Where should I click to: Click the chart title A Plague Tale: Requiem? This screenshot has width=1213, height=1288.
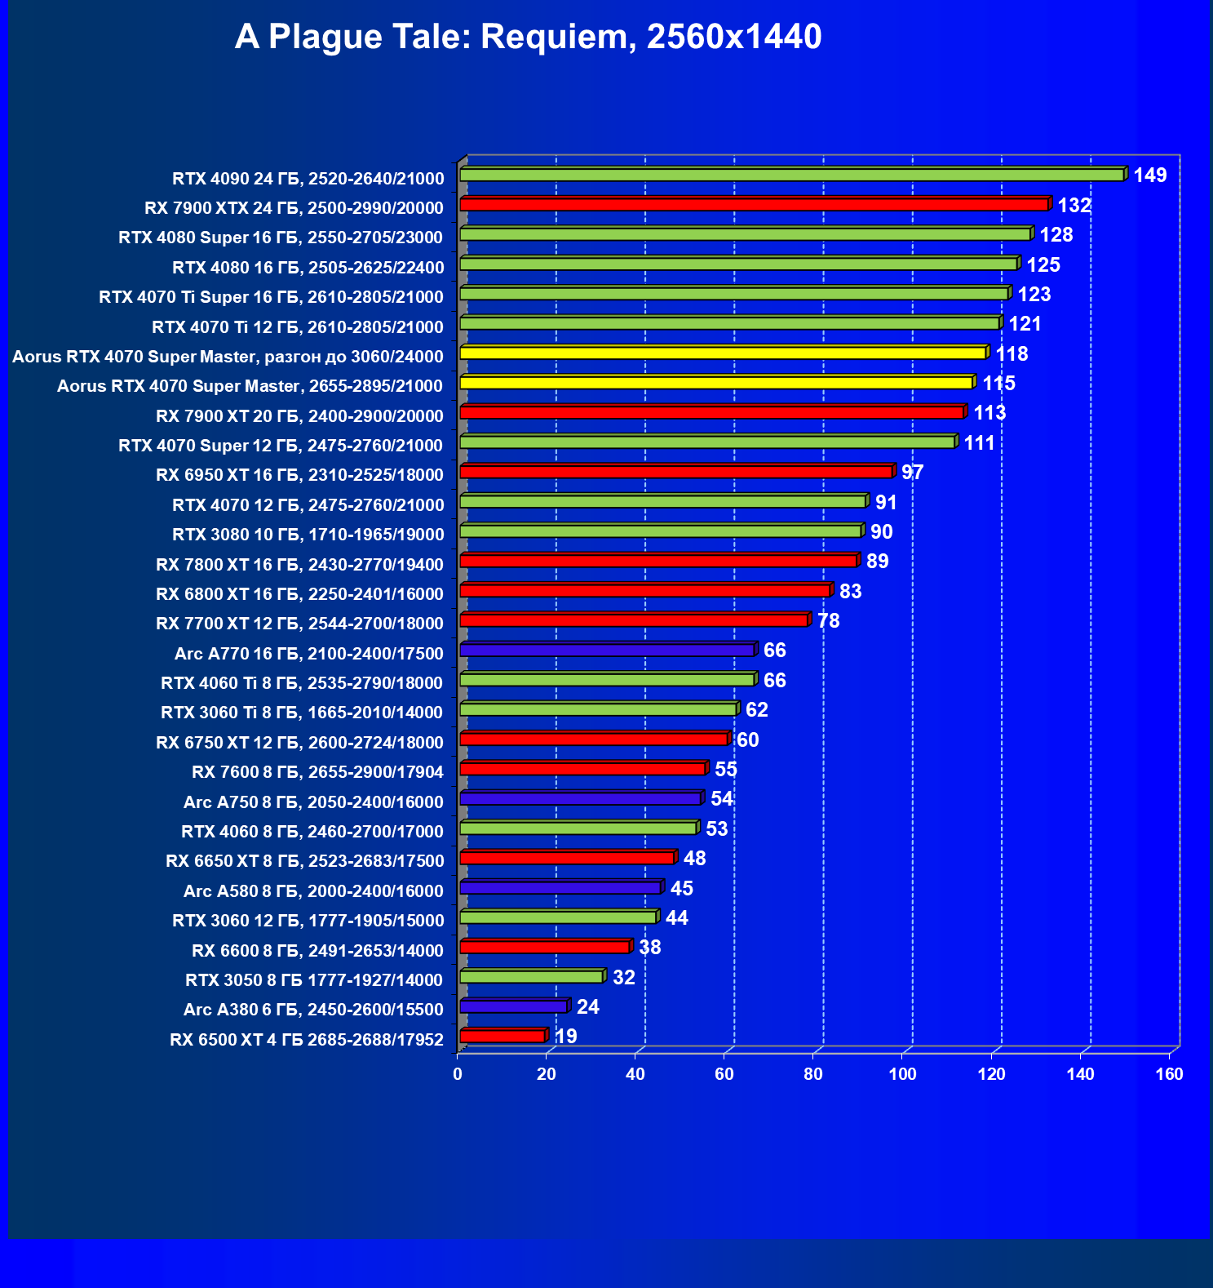click(528, 37)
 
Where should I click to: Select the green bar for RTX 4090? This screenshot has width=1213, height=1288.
click(791, 175)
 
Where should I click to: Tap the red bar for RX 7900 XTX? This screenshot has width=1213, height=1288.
click(754, 204)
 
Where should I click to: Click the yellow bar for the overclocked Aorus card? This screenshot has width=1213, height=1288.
click(723, 353)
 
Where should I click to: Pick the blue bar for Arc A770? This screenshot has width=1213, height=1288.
click(607, 650)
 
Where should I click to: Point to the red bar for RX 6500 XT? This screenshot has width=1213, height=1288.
click(502, 1036)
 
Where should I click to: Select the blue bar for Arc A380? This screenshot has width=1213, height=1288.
click(513, 1006)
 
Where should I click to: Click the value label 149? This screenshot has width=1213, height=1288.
click(1149, 175)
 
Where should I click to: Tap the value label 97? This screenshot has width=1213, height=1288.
click(912, 473)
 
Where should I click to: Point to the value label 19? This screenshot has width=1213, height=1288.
click(565, 1037)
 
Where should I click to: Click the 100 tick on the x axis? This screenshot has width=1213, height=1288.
click(902, 1074)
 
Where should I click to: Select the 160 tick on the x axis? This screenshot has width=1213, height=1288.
click(1169, 1074)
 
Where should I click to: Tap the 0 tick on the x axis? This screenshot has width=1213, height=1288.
click(458, 1074)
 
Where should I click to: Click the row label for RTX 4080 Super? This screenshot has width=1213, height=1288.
click(281, 238)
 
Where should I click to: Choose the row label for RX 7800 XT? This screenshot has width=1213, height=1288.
click(299, 565)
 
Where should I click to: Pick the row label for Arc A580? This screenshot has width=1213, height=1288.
click(313, 891)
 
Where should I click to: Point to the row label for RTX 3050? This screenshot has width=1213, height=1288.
click(314, 980)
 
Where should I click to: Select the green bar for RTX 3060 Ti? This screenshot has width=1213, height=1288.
click(598, 709)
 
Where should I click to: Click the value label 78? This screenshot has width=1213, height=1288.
click(828, 621)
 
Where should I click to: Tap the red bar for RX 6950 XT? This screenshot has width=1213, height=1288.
click(676, 472)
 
